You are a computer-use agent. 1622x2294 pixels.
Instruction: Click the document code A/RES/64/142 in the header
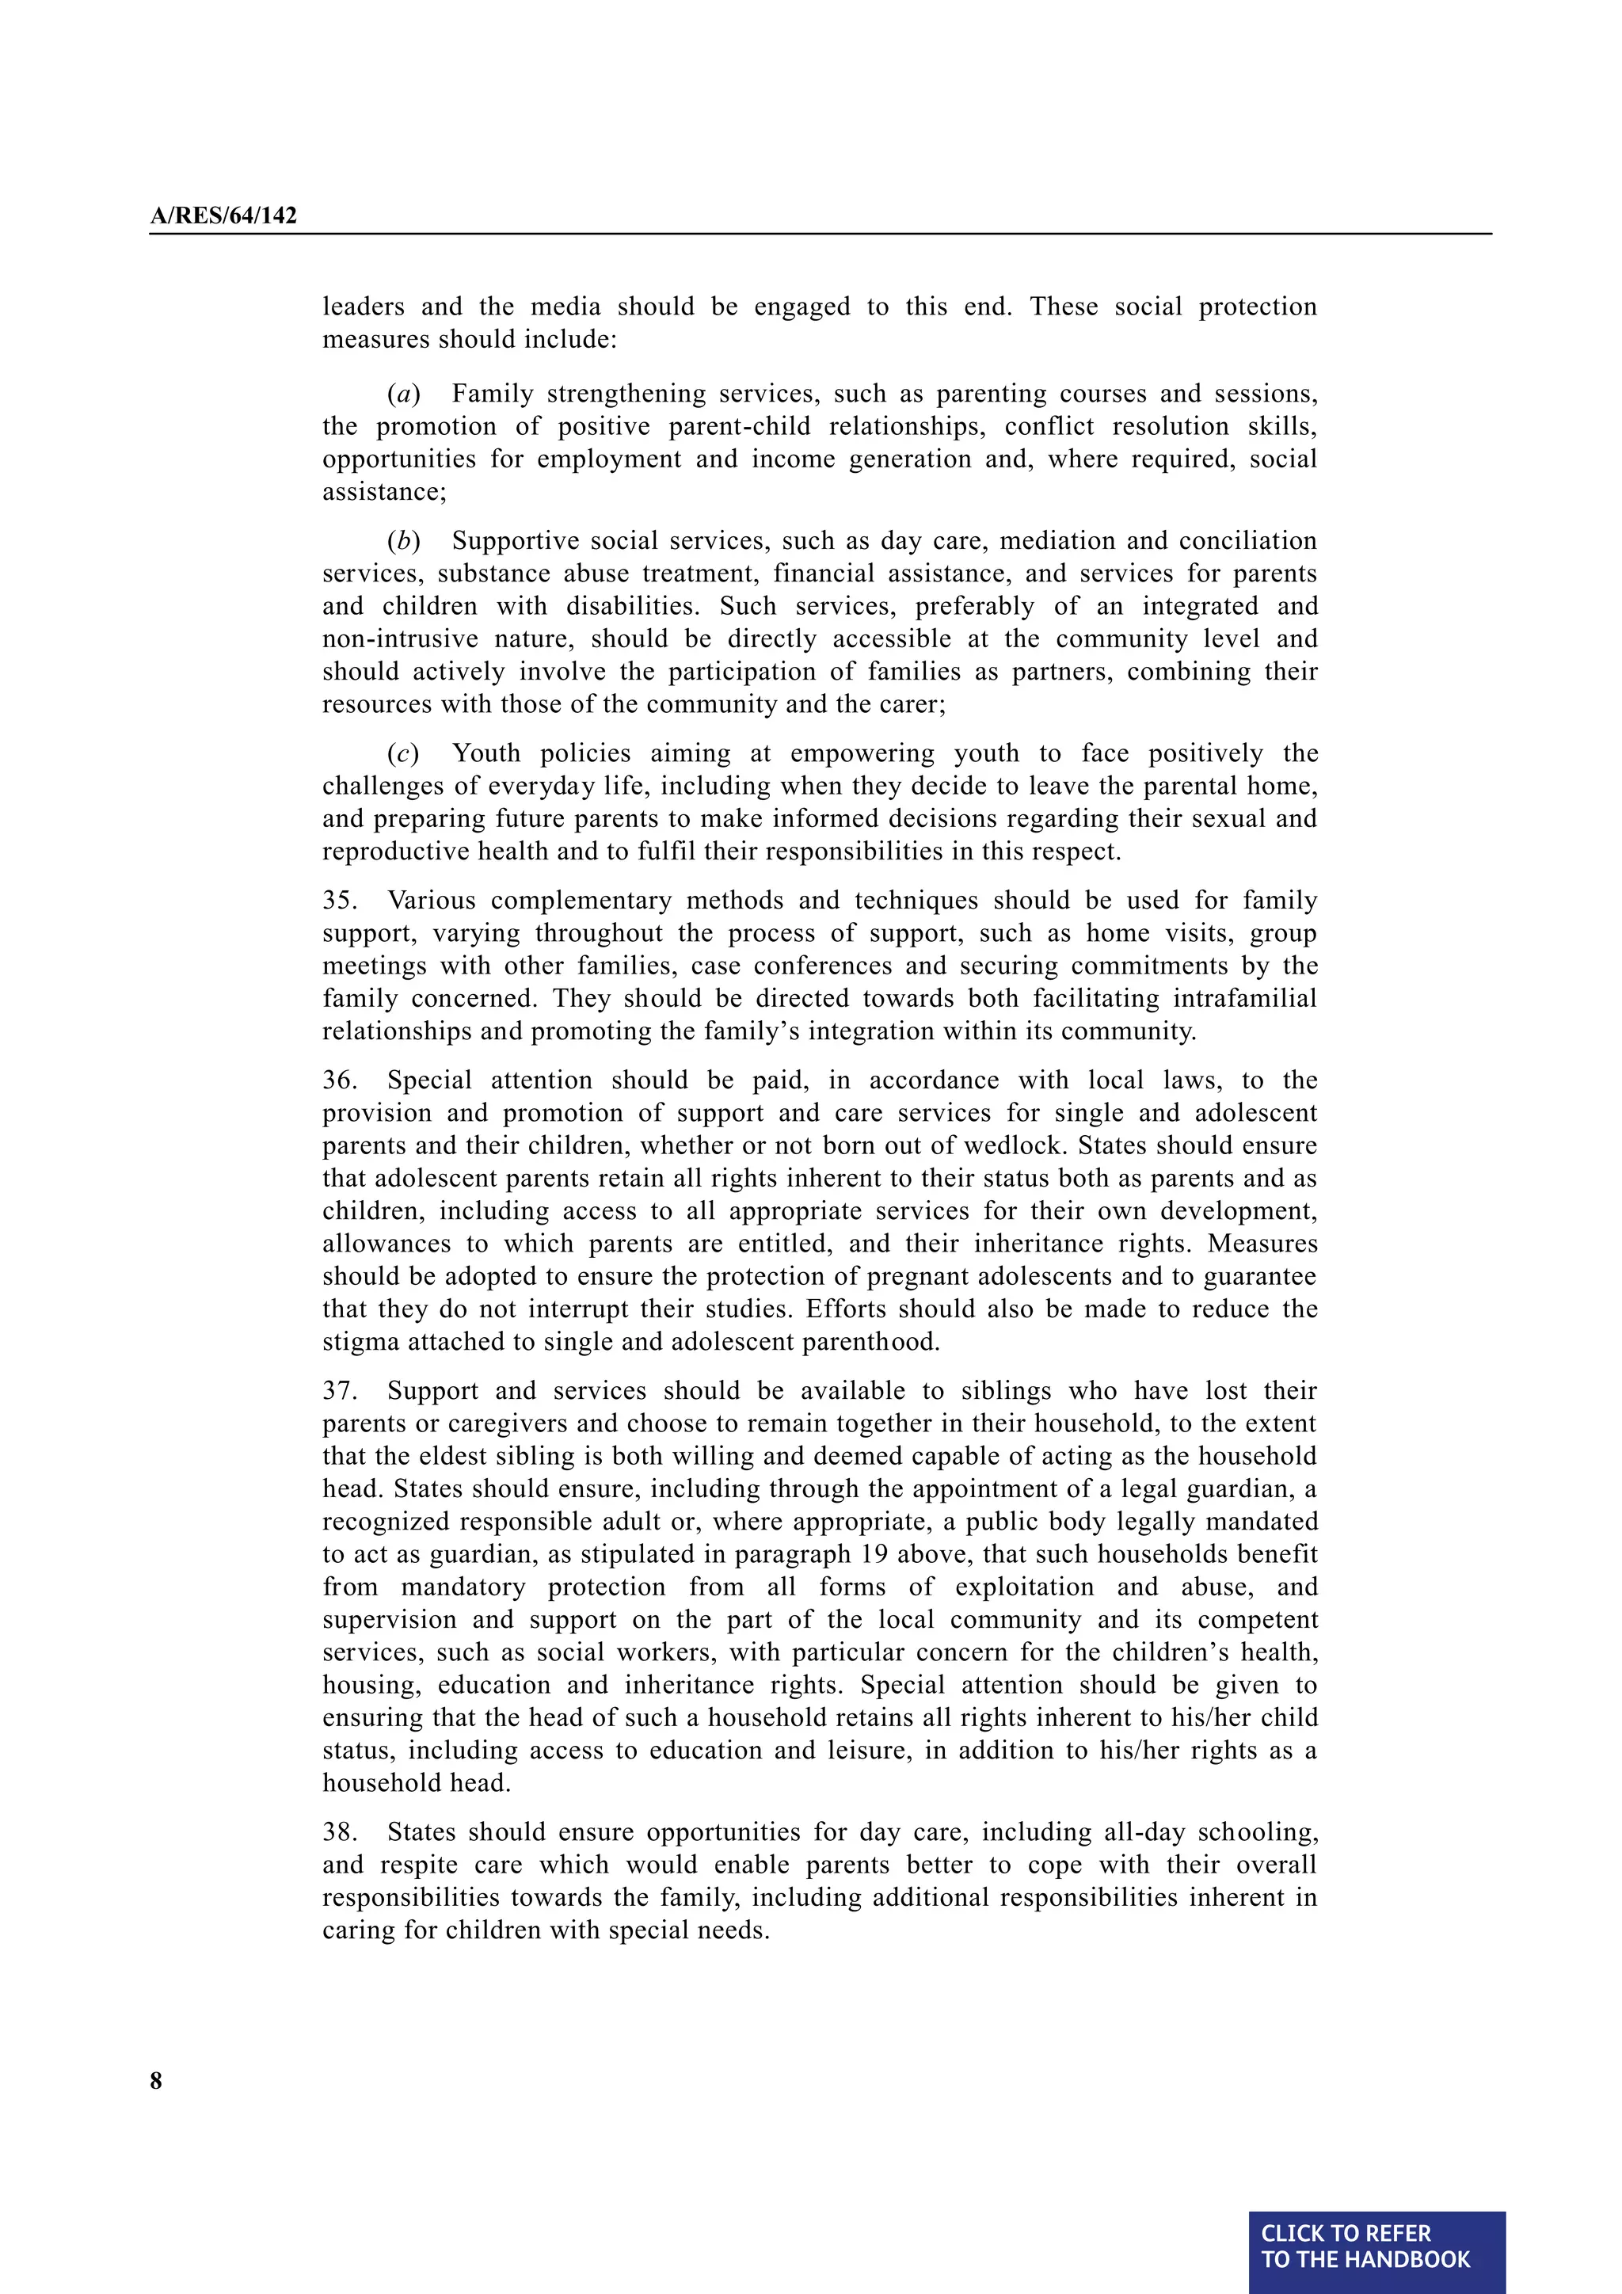pos(223,215)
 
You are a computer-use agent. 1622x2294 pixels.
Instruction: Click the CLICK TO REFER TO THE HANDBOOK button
pos(1376,2246)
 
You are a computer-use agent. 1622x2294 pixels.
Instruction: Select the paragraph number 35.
pos(340,900)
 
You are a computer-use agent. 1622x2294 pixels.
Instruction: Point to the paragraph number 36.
pos(340,1080)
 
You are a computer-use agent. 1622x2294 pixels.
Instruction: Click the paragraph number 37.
pos(340,1391)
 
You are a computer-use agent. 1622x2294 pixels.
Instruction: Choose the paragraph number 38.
pos(340,1832)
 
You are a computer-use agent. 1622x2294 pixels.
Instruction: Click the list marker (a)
pos(403,394)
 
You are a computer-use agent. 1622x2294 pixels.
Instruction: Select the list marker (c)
pos(403,753)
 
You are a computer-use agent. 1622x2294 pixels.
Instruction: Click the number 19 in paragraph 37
pos(875,1555)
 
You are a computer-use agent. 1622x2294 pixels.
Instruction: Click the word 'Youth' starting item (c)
pos(487,753)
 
